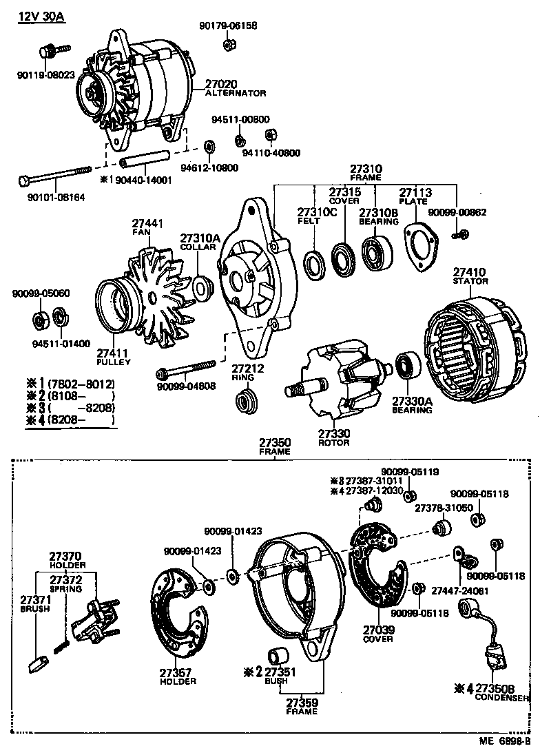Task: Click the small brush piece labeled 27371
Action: (x=39, y=663)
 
